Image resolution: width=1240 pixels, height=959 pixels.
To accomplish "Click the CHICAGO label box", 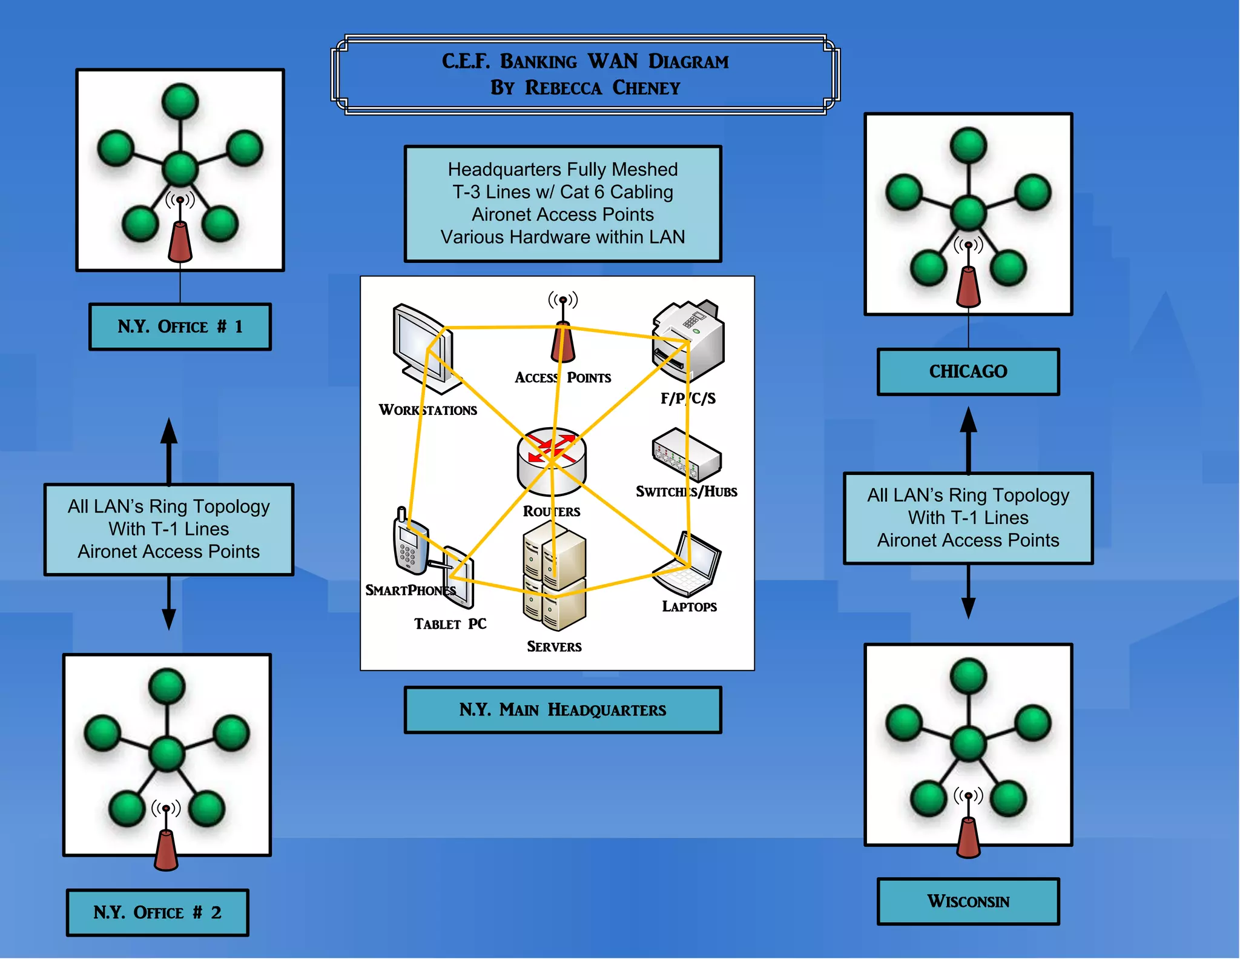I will pyautogui.click(x=968, y=371).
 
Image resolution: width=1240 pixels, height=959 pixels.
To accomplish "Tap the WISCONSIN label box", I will pyautogui.click(x=968, y=901).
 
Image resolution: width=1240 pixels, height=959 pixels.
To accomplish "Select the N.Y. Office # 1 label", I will pyautogui.click(x=180, y=327).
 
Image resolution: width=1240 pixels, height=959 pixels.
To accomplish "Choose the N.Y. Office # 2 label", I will pyautogui.click(x=157, y=912).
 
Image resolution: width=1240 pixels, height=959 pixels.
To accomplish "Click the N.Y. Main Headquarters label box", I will pyautogui.click(x=562, y=709).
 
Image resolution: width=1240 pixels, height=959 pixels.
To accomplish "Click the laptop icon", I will pyautogui.click(x=689, y=564).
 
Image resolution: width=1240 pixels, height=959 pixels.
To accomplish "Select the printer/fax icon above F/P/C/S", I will pyautogui.click(x=689, y=339).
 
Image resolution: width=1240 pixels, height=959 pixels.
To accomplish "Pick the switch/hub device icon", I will pyautogui.click(x=687, y=455).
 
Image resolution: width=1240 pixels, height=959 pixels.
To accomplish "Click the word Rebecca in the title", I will pyautogui.click(x=563, y=88).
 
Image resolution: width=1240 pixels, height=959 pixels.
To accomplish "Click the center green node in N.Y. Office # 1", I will pyautogui.click(x=180, y=168).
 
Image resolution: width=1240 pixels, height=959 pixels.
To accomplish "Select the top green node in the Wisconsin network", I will pyautogui.click(x=968, y=676).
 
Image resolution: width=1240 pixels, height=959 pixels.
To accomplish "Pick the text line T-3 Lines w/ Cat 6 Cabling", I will pyautogui.click(x=562, y=192).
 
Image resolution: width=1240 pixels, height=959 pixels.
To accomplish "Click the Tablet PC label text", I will pyautogui.click(x=450, y=624).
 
